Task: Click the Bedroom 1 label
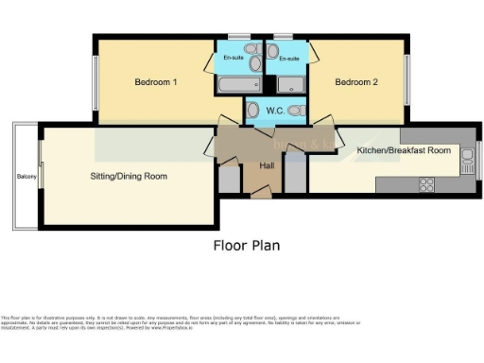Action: coord(156,83)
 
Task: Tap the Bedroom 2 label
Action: coord(356,83)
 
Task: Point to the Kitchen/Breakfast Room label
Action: coord(403,150)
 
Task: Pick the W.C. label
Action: coord(275,112)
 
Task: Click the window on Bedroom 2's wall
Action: coord(407,80)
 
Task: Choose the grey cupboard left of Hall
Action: coord(229,177)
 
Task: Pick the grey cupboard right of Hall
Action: coord(296,177)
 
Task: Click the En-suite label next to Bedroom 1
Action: coord(233,59)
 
